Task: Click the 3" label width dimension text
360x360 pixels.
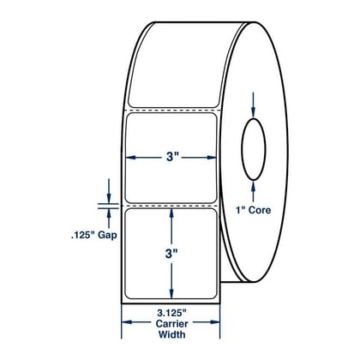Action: point(172,157)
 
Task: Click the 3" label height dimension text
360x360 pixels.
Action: point(171,254)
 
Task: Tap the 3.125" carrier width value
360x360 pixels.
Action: point(171,314)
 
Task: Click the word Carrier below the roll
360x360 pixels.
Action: point(171,324)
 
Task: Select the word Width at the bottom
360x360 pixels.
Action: point(171,334)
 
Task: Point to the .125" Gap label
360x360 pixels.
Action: point(94,236)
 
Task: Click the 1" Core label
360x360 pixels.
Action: point(253,210)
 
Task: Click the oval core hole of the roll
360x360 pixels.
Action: point(254,149)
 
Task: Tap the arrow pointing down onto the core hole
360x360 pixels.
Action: point(253,105)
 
